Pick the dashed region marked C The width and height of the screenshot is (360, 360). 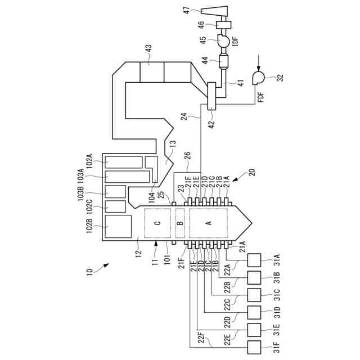pyautogui.click(x=157, y=223)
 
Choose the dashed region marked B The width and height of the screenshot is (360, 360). pyautogui.click(x=181, y=223)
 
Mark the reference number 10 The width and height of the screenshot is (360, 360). pyautogui.click(x=90, y=272)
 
